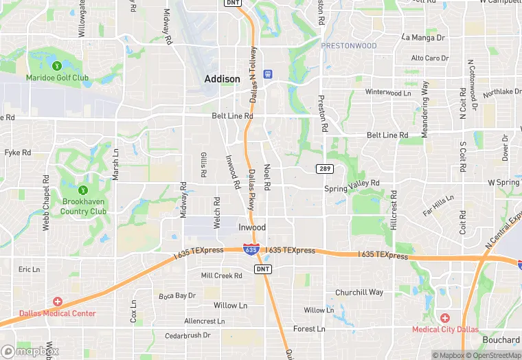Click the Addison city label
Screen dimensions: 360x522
[223, 79]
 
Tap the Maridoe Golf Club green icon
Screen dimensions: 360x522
[57, 66]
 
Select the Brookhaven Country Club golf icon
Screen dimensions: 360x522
[83, 190]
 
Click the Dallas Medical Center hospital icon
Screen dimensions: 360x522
[57, 302]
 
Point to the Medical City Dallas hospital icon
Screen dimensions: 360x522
[444, 317]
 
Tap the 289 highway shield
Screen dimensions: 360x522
[325, 169]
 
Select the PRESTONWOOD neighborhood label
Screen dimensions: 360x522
[349, 46]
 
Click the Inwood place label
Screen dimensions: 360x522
[251, 227]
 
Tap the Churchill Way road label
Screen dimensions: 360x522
[359, 293]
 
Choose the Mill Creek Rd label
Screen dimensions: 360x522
[221, 276]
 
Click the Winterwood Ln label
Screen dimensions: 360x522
[388, 92]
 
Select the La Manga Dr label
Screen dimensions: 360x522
[424, 37]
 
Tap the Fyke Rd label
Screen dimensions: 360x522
[18, 153]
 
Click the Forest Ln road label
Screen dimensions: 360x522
[309, 329]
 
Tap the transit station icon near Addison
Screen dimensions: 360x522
[269, 73]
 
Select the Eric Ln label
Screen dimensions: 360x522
[30, 270]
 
